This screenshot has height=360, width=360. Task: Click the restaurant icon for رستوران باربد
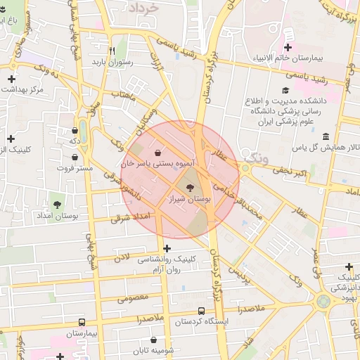tap(111, 51)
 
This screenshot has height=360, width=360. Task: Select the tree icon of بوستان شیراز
tap(190, 187)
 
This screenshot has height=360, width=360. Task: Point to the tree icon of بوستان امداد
tap(56, 204)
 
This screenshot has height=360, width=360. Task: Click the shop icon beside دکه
tap(75, 131)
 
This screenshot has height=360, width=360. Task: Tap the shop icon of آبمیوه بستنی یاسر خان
tap(157, 152)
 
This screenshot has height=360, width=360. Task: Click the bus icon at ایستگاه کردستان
tap(202, 311)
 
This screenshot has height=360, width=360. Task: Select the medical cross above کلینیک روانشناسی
tap(167, 248)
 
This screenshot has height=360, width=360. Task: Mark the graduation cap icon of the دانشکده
tap(285, 91)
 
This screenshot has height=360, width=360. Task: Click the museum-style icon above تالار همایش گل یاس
tap(324, 136)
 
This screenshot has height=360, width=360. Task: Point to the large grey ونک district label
tap(253, 156)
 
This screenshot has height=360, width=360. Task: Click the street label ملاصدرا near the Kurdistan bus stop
tap(250, 309)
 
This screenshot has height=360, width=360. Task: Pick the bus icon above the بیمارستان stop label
tap(82, 321)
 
